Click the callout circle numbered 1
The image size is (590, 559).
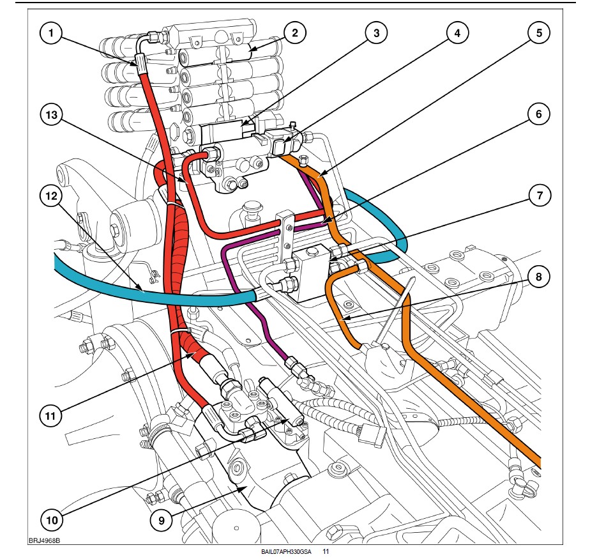click(x=51, y=33)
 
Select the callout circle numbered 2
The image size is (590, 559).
click(x=294, y=33)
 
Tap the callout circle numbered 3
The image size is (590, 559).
click(x=376, y=33)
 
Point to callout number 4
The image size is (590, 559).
click(x=457, y=33)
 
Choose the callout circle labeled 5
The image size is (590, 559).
click(x=539, y=33)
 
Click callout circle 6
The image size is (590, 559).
click(x=539, y=114)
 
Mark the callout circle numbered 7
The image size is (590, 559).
click(x=540, y=195)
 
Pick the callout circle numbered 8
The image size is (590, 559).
click(x=539, y=277)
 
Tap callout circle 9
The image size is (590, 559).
click(x=162, y=521)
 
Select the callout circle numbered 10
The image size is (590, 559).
click(x=52, y=520)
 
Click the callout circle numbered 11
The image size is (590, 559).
click(x=50, y=416)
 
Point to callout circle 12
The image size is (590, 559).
click(x=51, y=195)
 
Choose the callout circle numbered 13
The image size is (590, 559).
click(x=52, y=114)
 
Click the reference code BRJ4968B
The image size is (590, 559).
click(x=45, y=541)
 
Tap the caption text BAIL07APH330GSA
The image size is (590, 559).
click(x=286, y=552)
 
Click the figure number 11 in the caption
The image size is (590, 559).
click(x=326, y=552)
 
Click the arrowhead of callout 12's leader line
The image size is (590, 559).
click(x=143, y=291)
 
